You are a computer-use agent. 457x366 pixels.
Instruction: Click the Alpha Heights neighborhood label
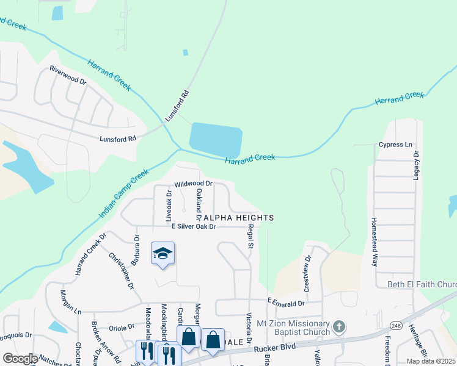(238, 218)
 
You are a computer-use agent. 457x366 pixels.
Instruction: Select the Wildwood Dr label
(193, 183)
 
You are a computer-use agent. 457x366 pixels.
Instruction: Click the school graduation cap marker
(163, 253)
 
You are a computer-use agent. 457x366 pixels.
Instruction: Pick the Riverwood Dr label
(68, 75)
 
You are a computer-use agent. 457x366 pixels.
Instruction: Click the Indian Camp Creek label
(123, 194)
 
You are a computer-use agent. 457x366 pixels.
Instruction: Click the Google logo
(20, 359)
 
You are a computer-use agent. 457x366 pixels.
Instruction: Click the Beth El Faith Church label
(422, 284)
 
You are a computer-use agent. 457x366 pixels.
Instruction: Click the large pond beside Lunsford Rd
(216, 138)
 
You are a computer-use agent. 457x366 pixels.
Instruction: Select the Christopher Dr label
(122, 270)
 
